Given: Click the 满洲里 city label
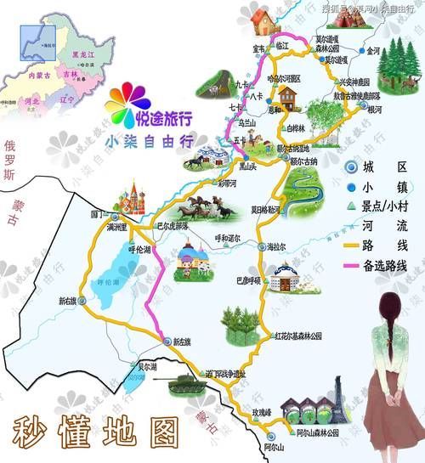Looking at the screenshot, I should click(x=111, y=228).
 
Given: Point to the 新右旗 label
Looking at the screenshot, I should click(x=67, y=301).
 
